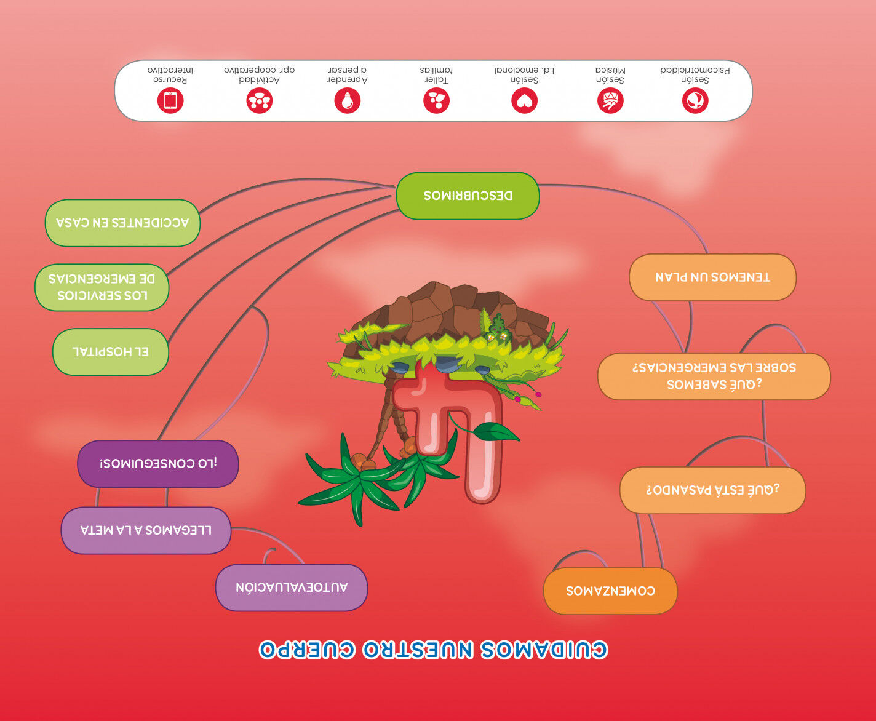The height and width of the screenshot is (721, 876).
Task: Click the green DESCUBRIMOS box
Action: point(468,196)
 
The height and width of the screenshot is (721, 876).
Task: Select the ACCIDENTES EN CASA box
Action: point(122,223)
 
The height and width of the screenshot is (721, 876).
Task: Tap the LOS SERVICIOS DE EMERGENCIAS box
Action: point(102,287)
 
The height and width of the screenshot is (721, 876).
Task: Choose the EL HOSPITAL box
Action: point(111,352)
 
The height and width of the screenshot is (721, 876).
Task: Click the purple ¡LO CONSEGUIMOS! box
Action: point(158,464)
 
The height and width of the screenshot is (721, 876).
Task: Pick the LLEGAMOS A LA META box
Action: point(146,530)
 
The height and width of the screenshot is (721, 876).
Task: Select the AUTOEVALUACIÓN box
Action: point(292,588)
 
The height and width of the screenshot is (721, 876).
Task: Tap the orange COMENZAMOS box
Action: point(610,591)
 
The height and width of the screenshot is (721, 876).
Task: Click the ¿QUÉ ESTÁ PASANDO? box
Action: point(712,490)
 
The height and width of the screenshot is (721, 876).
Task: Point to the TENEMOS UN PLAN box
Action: point(712,277)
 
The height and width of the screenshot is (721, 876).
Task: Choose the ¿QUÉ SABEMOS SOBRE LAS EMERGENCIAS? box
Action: point(714,376)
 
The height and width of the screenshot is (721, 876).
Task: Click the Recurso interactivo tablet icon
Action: point(170,100)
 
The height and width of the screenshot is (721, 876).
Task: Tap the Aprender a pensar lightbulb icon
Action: point(348,100)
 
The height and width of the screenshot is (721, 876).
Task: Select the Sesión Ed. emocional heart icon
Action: point(524,100)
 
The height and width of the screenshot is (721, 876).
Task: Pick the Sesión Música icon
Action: point(610,100)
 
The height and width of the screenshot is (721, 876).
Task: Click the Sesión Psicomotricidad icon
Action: point(695,100)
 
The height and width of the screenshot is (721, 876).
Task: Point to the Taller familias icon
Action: point(436,100)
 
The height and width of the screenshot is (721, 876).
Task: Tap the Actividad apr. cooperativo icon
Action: point(259,100)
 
